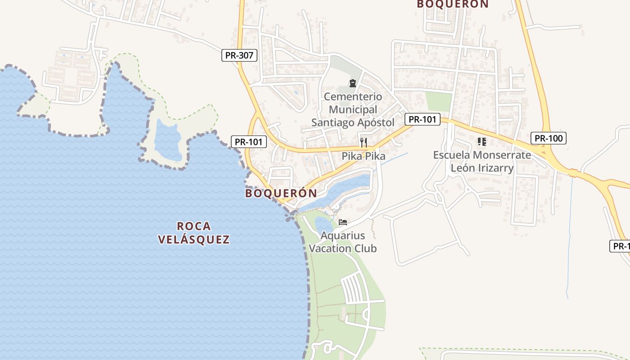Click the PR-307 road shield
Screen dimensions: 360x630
(240, 56)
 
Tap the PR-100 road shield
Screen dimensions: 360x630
(548, 138)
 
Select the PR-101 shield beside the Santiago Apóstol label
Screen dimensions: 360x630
(422, 119)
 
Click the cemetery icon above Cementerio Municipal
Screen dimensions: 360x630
(352, 83)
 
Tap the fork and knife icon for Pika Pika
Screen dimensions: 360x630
(364, 143)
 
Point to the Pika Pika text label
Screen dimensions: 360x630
(364, 156)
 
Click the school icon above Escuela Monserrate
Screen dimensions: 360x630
(482, 142)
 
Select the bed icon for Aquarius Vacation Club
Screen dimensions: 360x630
(343, 222)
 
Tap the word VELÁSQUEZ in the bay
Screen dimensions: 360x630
(194, 239)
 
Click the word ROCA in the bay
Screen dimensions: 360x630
(194, 226)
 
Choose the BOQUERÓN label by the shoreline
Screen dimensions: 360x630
(281, 193)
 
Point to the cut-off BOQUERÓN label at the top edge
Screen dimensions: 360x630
(453, 4)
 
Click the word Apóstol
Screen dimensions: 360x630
(372, 122)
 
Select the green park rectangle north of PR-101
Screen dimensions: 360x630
(438, 101)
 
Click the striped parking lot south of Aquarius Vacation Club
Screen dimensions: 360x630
(353, 288)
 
